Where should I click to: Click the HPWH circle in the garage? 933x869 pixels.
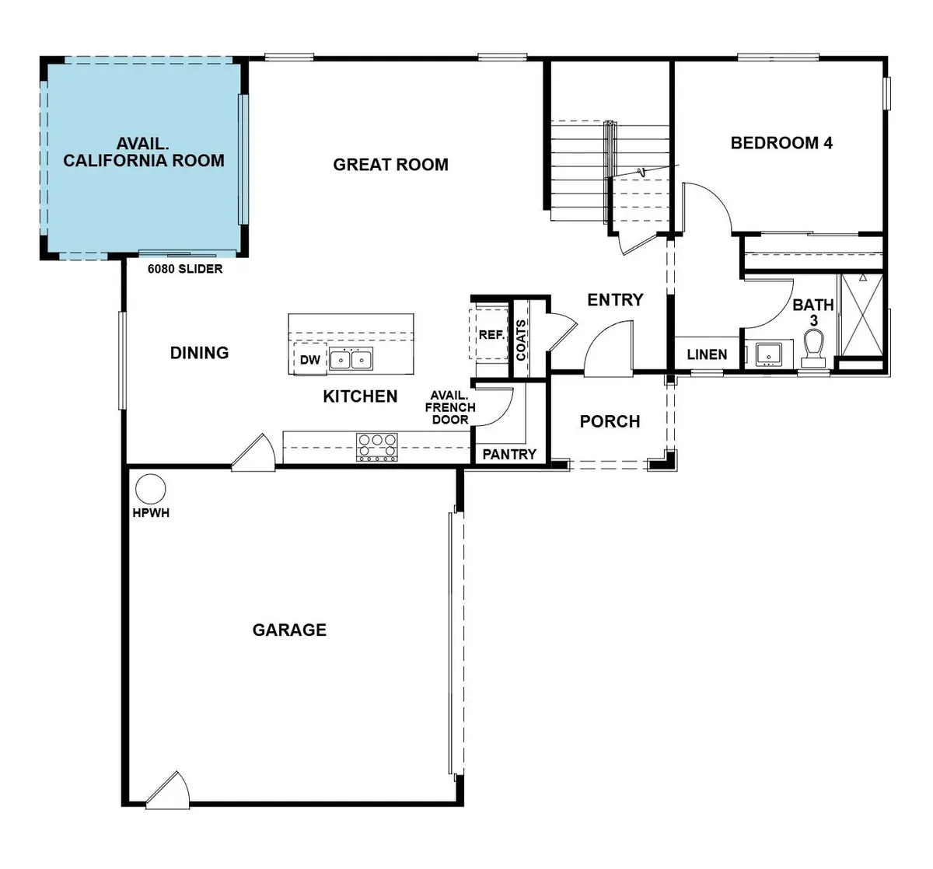[151, 490]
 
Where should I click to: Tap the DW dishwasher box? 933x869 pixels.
[309, 360]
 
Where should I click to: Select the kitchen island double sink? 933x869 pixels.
[351, 359]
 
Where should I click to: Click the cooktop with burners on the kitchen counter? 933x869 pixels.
[376, 447]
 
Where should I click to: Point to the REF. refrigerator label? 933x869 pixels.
[491, 335]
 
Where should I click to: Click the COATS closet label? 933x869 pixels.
[521, 340]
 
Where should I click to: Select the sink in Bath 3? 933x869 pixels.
[768, 353]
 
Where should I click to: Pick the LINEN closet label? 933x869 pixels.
[707, 354]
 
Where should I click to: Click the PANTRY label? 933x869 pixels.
[509, 454]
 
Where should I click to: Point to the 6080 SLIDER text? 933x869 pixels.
[185, 269]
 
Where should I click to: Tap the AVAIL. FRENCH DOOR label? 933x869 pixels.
[450, 407]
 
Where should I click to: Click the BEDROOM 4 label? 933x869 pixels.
[781, 143]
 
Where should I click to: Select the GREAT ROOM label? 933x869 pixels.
[390, 165]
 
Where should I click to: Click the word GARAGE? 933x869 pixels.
[289, 630]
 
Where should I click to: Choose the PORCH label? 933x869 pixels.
[610, 421]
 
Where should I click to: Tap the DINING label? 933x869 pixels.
[199, 353]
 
